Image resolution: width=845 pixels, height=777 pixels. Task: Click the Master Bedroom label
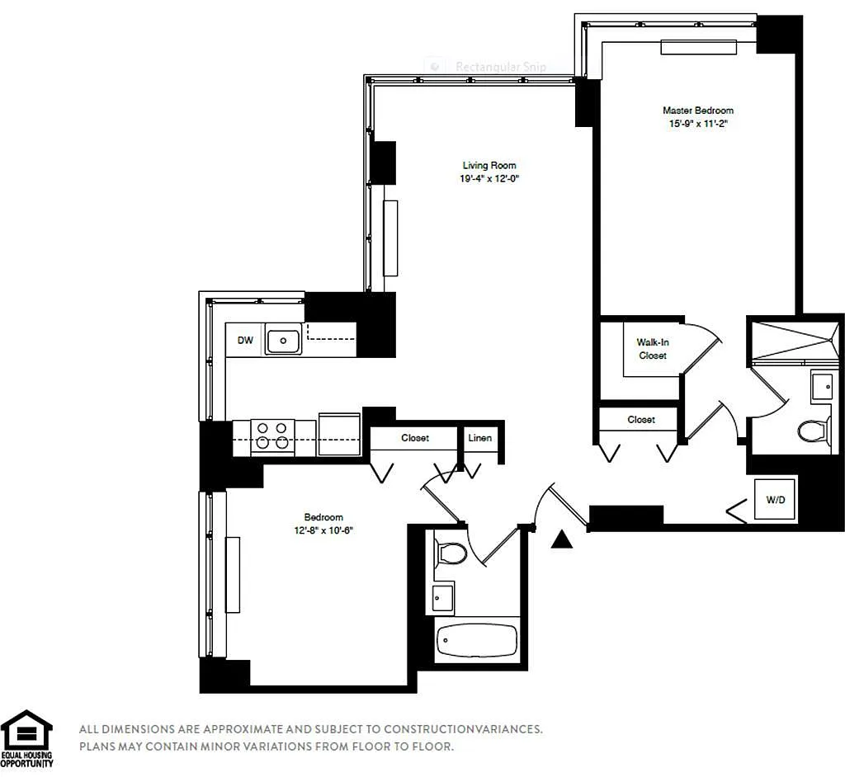coord(698,111)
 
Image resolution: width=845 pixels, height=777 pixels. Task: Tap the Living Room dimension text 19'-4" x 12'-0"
coord(489,179)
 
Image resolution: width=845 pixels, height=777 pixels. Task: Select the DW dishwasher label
coord(245,340)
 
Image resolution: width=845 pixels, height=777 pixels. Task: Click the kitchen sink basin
coord(283,341)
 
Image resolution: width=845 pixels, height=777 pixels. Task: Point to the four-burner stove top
coord(272,436)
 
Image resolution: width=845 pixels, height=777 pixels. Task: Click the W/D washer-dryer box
coord(775,500)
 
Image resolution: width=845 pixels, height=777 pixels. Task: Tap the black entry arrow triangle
coord(561,539)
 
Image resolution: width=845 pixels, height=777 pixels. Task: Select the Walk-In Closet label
coord(653,349)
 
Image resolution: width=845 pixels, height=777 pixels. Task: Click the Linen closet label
coord(479,438)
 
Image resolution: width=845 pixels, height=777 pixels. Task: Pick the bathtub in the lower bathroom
coord(477,640)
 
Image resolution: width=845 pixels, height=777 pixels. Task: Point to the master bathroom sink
coord(822,386)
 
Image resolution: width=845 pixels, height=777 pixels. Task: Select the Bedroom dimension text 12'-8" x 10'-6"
coord(323,530)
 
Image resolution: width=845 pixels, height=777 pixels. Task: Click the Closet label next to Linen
coord(415,438)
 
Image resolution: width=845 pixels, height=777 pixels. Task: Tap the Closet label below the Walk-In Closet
coord(640,420)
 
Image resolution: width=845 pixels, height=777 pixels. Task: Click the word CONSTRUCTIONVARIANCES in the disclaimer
coord(463,729)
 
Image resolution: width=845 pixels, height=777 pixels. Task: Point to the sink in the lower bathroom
coord(443,597)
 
